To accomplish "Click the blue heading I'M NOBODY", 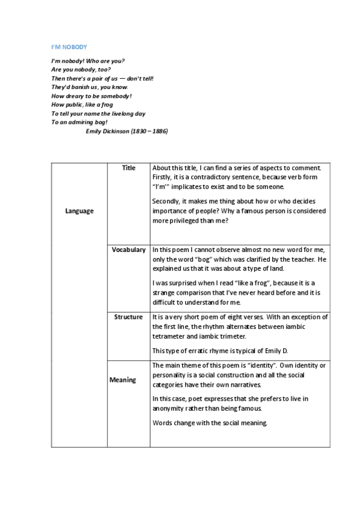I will click(69, 47).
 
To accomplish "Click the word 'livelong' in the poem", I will click(115, 113).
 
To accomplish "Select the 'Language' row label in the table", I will click(79, 211).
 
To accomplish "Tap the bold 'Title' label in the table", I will click(129, 168).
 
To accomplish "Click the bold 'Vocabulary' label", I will click(129, 250).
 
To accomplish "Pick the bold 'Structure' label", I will click(129, 317).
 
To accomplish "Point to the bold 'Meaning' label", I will click(123, 380).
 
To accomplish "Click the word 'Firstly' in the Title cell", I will click(163, 177).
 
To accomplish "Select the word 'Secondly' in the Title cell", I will click(167, 201).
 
